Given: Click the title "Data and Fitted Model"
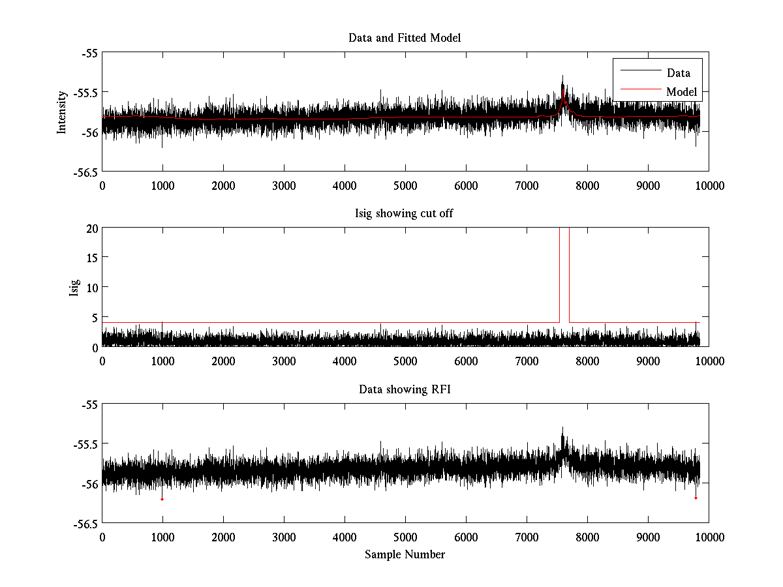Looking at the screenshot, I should pyautogui.click(x=405, y=38).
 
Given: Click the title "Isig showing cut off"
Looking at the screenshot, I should pyautogui.click(x=405, y=214).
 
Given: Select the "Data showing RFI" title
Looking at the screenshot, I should pyautogui.click(x=405, y=389).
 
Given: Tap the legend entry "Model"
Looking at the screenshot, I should pyautogui.click(x=681, y=92).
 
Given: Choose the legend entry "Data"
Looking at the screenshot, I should pyautogui.click(x=678, y=73).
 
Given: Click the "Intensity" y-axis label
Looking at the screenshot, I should pyautogui.click(x=62, y=112).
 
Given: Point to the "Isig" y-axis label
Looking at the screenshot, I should pyautogui.click(x=74, y=287).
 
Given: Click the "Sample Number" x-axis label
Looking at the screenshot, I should pyautogui.click(x=405, y=554).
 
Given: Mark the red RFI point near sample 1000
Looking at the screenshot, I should pyautogui.click(x=162, y=499).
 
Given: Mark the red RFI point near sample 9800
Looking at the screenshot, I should pyautogui.click(x=696, y=498).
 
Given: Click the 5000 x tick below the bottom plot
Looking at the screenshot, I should pyautogui.click(x=405, y=537).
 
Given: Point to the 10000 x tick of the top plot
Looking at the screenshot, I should pyautogui.click(x=709, y=186).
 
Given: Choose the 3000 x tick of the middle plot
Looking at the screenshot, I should pyautogui.click(x=284, y=361).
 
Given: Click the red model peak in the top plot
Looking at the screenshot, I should pyautogui.click(x=563, y=92).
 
